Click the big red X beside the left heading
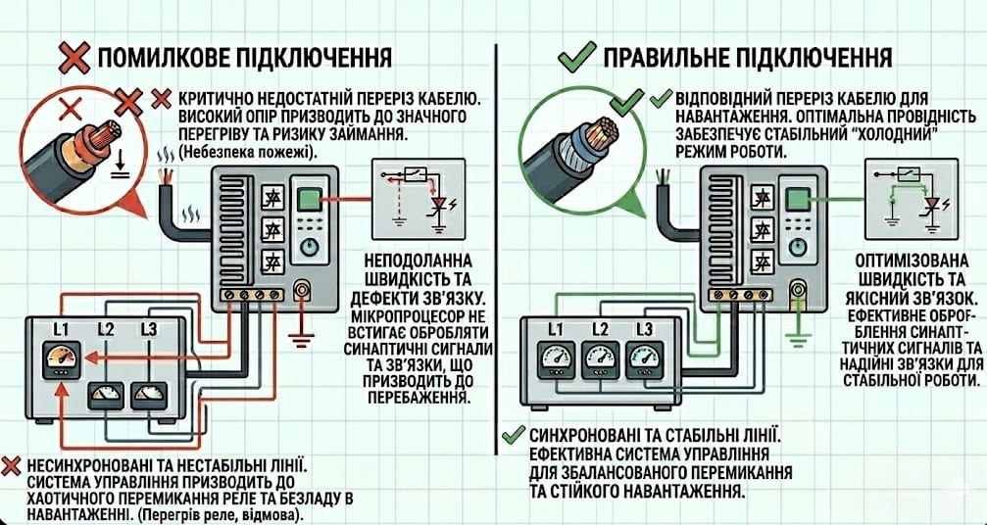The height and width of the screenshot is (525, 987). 74,58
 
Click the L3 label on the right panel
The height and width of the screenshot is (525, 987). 644,329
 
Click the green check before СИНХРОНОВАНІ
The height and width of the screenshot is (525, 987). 511,435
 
